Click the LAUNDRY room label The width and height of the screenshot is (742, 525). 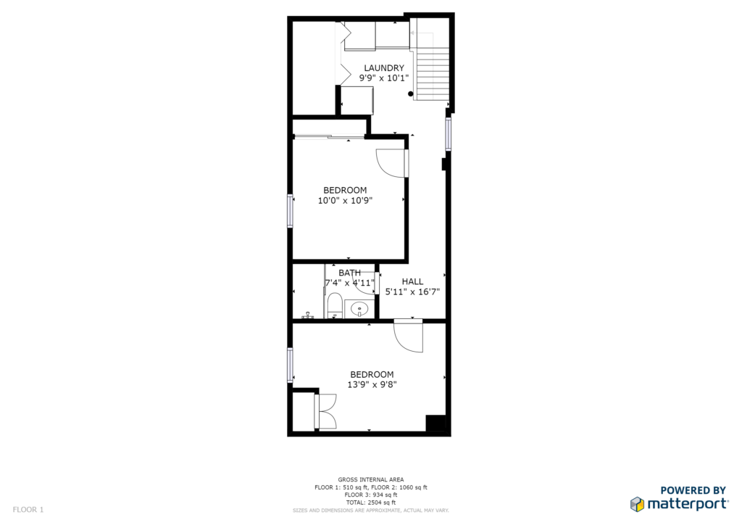(384, 68)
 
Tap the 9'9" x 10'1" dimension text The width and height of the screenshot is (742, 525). (384, 78)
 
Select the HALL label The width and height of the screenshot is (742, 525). (412, 281)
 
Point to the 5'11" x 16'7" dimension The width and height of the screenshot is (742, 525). (412, 292)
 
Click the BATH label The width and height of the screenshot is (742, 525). (350, 273)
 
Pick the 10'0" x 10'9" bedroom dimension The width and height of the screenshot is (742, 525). (345, 201)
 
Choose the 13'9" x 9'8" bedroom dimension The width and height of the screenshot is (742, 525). (372, 385)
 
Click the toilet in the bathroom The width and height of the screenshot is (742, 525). (335, 305)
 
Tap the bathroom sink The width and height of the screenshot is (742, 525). (359, 310)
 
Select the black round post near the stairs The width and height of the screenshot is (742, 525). (411, 94)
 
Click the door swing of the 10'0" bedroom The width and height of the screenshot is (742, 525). (391, 163)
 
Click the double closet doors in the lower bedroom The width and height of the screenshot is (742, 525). (325, 411)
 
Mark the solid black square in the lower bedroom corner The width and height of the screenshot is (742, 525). (435, 423)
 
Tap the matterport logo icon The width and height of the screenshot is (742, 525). (638, 504)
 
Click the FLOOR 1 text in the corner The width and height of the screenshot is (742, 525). (28, 510)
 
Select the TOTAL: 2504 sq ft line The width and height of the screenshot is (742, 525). (371, 503)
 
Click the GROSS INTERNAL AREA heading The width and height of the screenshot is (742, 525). (371, 479)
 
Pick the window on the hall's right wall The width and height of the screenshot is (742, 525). (448, 134)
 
